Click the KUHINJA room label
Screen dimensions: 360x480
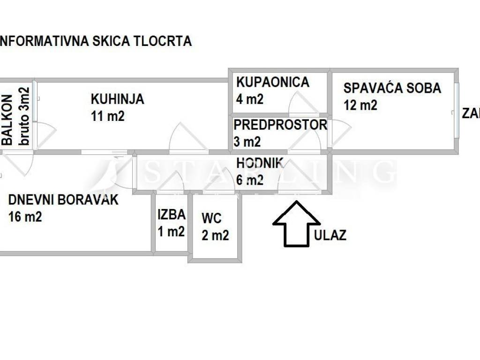point(117,99)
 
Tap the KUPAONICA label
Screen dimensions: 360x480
point(272,82)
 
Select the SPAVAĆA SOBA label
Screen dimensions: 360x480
point(392,88)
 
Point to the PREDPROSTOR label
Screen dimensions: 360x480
point(280,125)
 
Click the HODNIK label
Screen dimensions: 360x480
point(260,163)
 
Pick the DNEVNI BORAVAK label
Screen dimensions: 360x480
point(63,200)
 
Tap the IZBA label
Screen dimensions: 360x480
point(172,215)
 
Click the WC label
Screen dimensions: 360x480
point(211,218)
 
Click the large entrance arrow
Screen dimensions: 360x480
point(296,224)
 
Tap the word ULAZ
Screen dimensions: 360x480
point(330,235)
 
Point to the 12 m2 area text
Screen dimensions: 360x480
point(360,105)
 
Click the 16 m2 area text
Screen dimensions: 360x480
point(25,217)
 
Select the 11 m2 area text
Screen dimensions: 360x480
point(108,116)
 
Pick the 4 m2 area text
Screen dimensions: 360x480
point(250,99)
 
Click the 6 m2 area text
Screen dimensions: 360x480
point(250,180)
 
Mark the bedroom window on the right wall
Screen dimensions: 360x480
point(456,111)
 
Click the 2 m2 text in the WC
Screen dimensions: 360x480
point(215,235)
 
